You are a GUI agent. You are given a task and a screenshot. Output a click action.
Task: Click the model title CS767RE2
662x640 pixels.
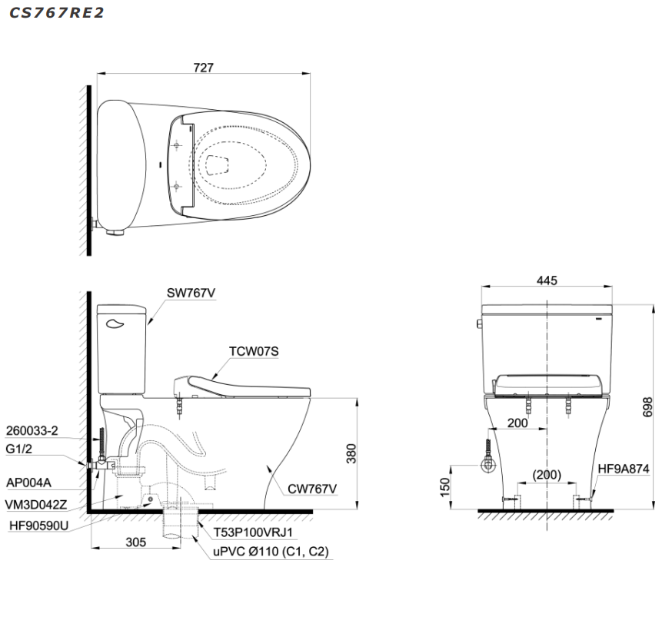pyautogui.click(x=57, y=12)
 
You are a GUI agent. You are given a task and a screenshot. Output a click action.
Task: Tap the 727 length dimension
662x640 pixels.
pyautogui.click(x=204, y=68)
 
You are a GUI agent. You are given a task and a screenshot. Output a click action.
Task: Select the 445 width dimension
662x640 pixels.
pyautogui.click(x=547, y=280)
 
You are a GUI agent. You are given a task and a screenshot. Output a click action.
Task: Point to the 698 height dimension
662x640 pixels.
pyautogui.click(x=647, y=406)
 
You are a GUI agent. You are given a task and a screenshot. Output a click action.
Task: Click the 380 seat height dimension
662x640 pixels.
pyautogui.click(x=351, y=454)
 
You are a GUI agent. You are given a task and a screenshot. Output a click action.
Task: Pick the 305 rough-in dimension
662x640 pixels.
pyautogui.click(x=136, y=542)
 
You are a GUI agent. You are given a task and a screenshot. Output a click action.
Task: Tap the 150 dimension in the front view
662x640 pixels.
pyautogui.click(x=445, y=488)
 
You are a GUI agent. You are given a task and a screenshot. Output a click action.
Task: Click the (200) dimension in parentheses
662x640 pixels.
pyautogui.click(x=547, y=475)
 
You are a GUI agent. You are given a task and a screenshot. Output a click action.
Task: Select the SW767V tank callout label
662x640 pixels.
pyautogui.click(x=191, y=293)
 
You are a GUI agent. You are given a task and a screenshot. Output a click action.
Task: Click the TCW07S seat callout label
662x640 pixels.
pyautogui.click(x=254, y=351)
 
